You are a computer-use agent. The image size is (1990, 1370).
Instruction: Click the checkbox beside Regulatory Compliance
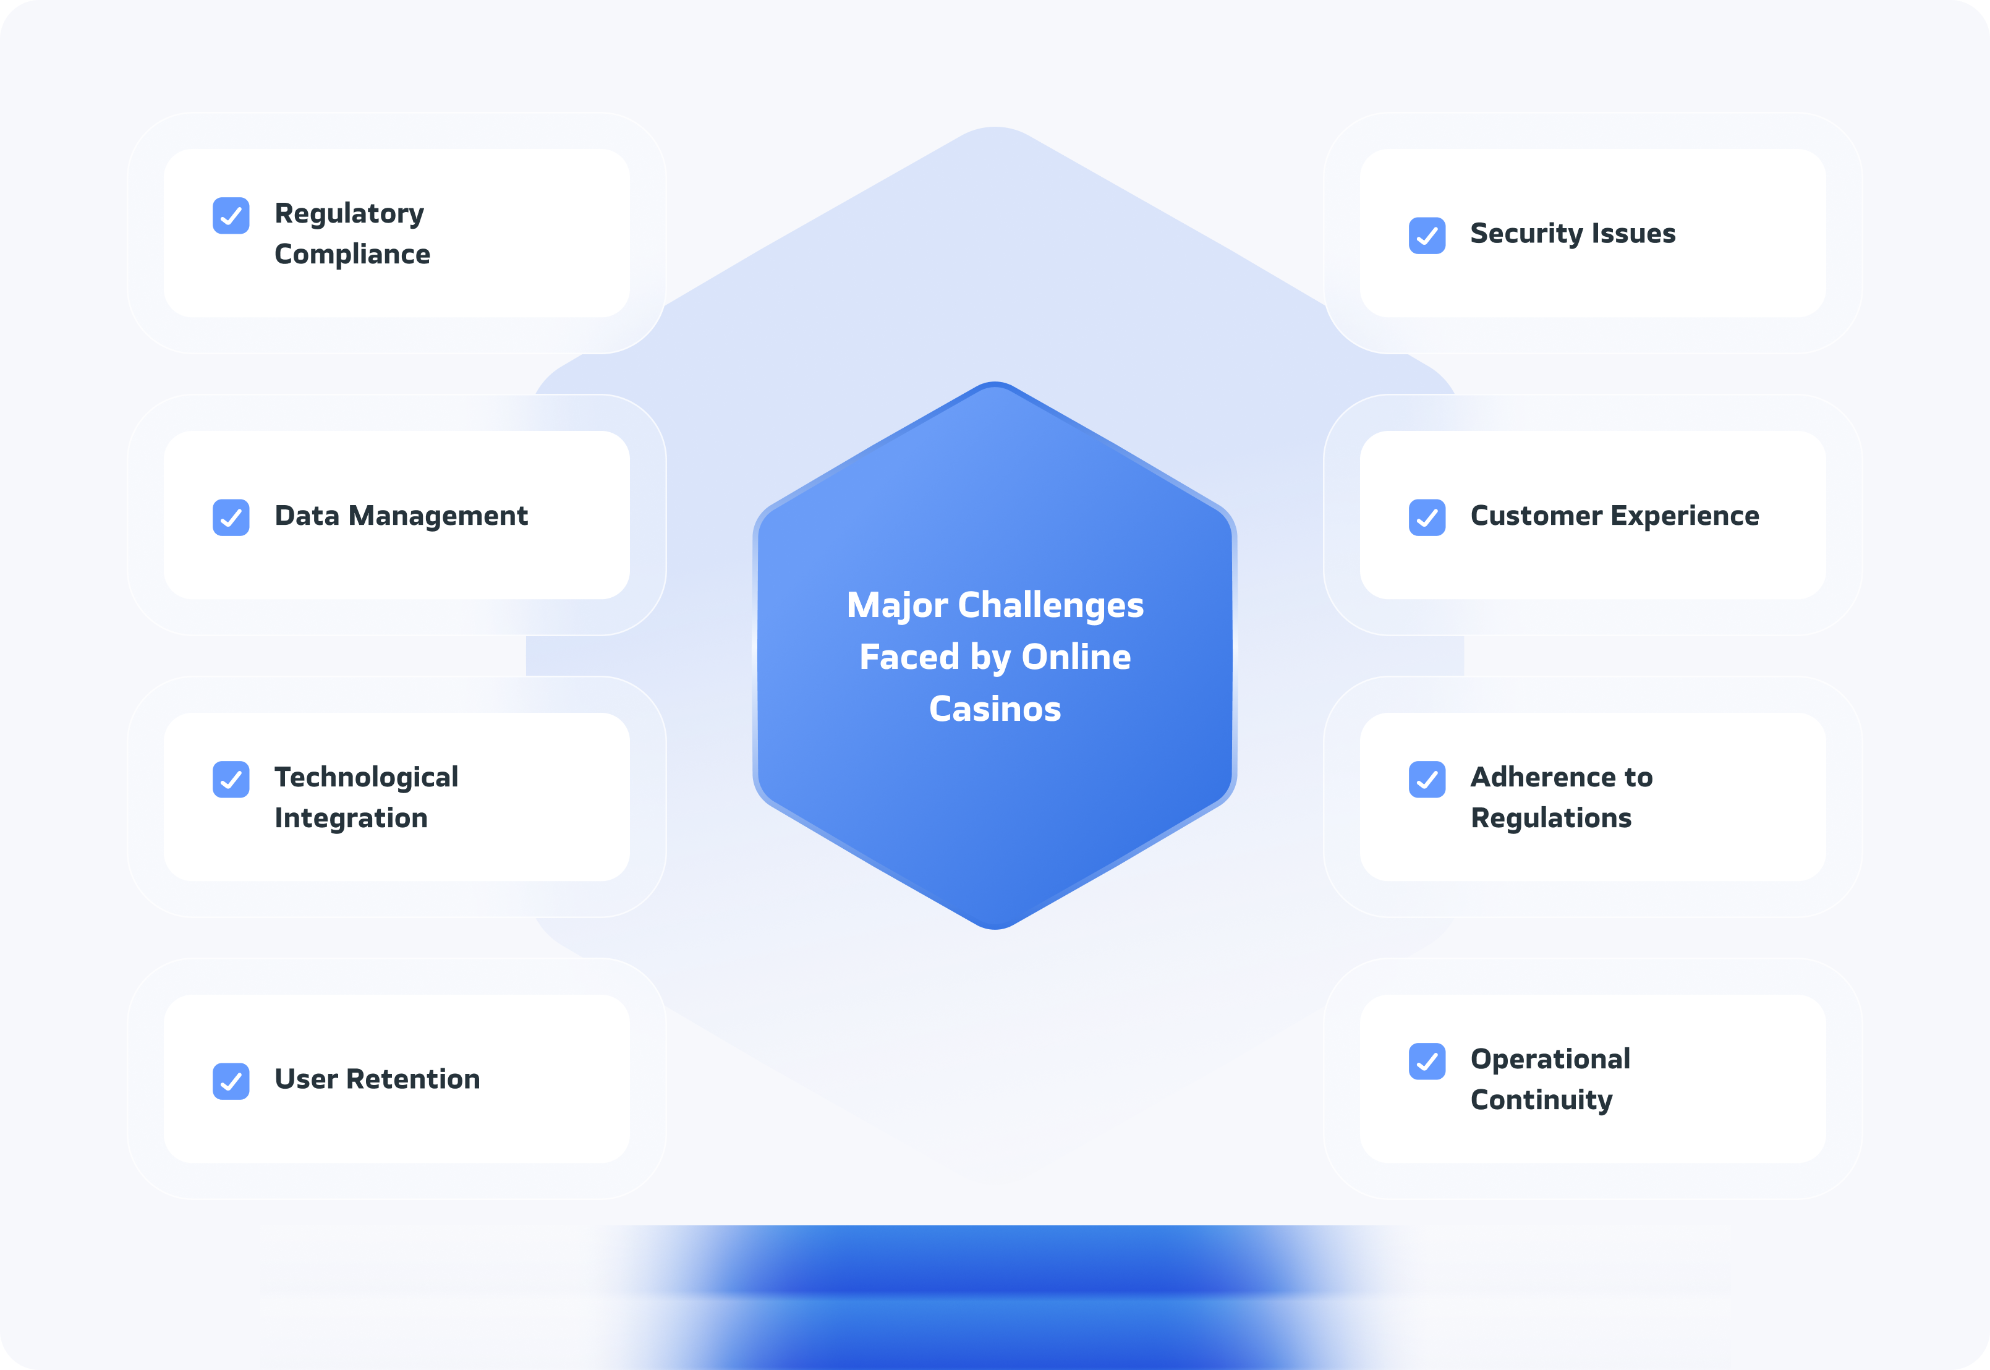click(x=231, y=216)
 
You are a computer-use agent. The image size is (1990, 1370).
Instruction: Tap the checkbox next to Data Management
click(x=231, y=517)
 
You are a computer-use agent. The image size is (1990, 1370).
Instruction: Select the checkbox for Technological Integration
click(x=231, y=780)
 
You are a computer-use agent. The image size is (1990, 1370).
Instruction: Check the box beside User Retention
click(x=231, y=1081)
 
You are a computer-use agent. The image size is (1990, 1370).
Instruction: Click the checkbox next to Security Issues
click(x=1427, y=235)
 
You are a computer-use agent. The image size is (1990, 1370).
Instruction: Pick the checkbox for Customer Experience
click(x=1427, y=517)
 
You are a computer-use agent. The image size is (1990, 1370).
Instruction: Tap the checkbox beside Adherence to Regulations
click(x=1427, y=780)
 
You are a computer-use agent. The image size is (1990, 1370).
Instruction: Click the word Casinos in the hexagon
click(x=995, y=709)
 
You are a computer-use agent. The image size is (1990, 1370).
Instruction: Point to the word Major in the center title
click(x=897, y=606)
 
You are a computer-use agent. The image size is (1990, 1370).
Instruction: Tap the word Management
click(x=438, y=516)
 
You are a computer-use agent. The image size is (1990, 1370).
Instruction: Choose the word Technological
click(x=367, y=777)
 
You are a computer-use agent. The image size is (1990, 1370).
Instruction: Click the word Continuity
click(x=1542, y=1100)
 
